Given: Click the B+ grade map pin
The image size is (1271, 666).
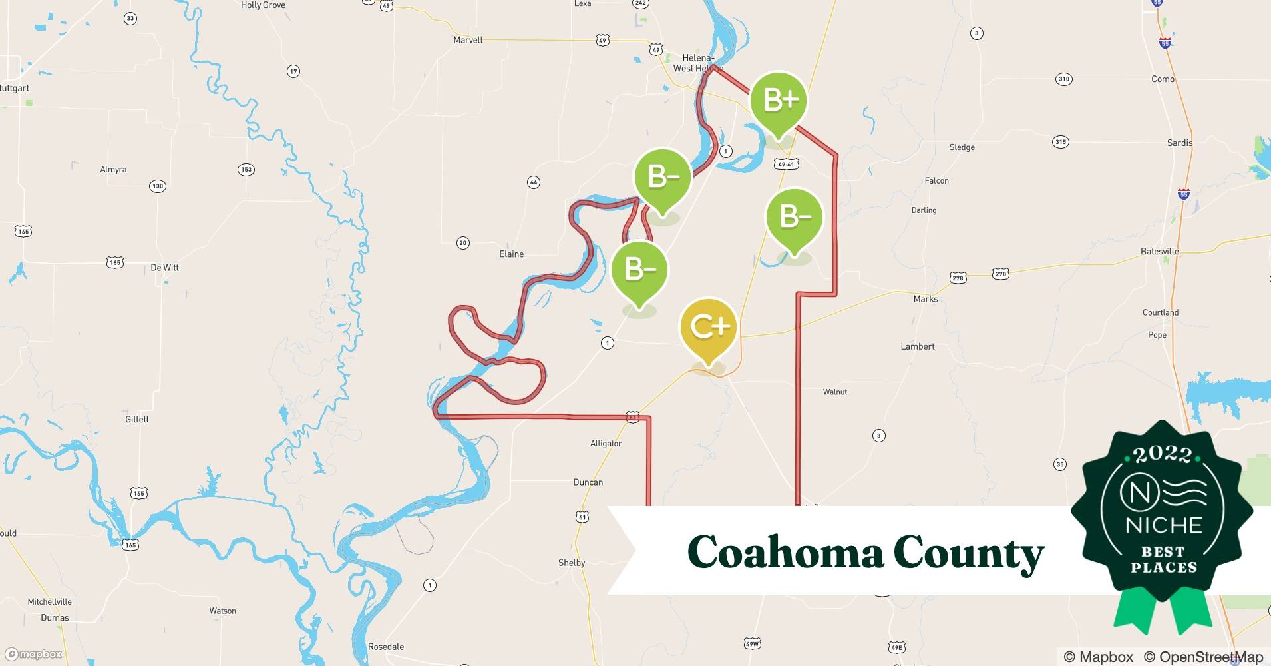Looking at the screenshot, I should (779, 101).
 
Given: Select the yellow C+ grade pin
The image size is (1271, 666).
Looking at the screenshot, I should (709, 327).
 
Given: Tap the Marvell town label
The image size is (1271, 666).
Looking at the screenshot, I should (468, 40).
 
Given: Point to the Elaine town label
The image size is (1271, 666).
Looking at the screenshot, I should (511, 254).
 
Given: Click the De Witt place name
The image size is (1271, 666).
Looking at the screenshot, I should (164, 268).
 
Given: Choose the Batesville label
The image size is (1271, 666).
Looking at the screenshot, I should (1159, 252).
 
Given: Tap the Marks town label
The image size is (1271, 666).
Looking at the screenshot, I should (925, 299).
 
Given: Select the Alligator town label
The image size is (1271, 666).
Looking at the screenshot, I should (606, 444).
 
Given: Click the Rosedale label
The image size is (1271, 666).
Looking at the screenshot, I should (386, 647).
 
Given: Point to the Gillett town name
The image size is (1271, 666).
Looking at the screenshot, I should (137, 419).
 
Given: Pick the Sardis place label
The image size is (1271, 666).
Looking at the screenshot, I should (1179, 143).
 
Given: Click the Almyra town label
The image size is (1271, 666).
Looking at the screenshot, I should (113, 170).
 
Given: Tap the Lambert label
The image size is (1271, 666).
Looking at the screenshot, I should (917, 346).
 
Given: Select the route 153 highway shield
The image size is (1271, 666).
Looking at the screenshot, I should (246, 170).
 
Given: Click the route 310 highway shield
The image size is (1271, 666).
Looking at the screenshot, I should (1063, 79).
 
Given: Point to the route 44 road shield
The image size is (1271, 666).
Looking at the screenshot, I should (533, 182).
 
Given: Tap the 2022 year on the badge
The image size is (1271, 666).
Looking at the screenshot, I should (1162, 455).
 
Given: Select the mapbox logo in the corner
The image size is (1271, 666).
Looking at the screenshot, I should (33, 654).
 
